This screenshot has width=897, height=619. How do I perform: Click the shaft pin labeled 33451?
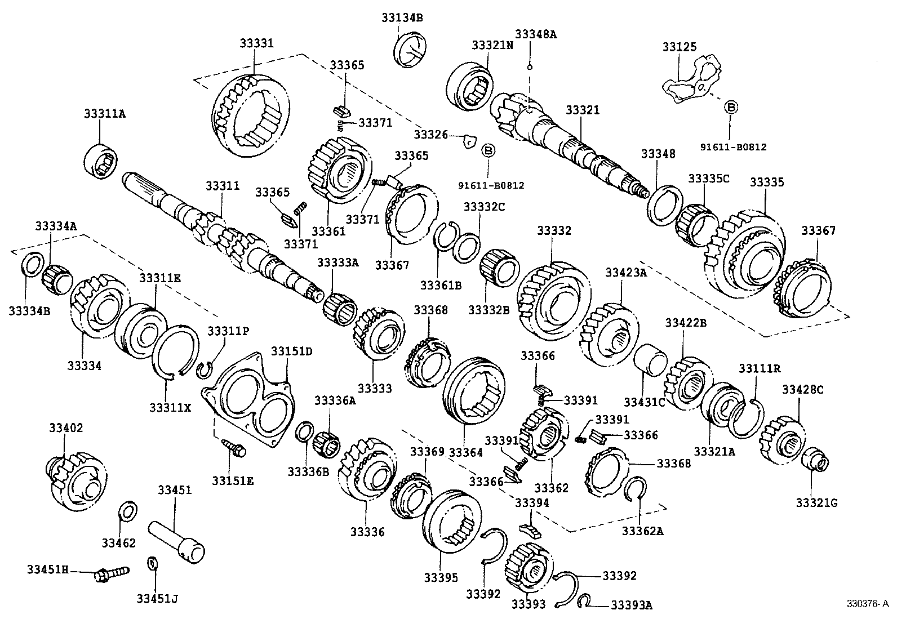176,541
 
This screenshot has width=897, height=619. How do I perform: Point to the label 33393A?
631,605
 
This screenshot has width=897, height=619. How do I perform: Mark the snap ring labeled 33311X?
176,353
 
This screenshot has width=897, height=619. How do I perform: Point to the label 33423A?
626,273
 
